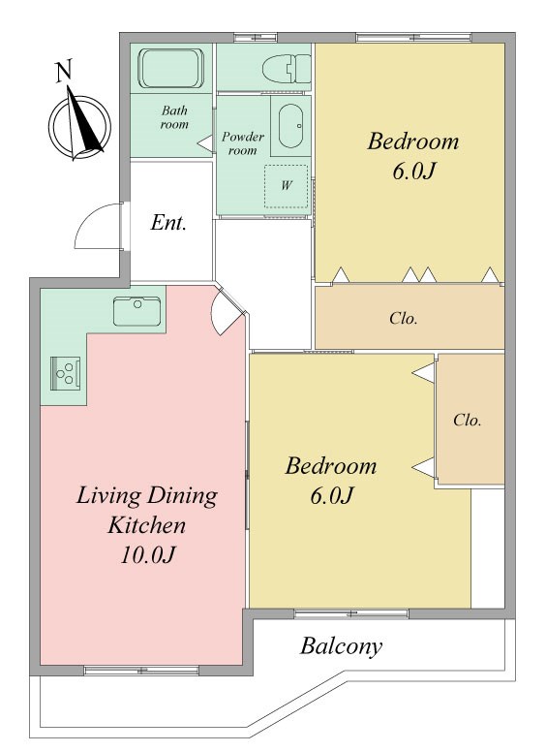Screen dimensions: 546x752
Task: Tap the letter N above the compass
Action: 64,71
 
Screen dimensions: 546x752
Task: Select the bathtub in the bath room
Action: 171,68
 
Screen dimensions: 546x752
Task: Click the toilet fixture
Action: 287,69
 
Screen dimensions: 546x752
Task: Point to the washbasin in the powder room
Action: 290,126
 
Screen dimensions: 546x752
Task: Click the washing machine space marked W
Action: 286,186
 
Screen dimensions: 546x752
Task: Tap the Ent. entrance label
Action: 168,223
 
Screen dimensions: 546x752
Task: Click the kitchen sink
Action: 136,311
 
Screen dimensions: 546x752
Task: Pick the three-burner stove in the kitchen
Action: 65,374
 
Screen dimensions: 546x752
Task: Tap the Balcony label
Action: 341,646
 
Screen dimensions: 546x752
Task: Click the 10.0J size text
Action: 147,555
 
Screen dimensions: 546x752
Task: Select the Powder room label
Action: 242,143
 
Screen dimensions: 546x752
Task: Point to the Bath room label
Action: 174,117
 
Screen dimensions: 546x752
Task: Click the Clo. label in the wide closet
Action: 404,318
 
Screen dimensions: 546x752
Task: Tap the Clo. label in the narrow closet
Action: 468,421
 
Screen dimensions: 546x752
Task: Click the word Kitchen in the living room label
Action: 146,524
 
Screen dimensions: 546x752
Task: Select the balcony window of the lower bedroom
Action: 351,613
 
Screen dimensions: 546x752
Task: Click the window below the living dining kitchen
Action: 141,670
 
